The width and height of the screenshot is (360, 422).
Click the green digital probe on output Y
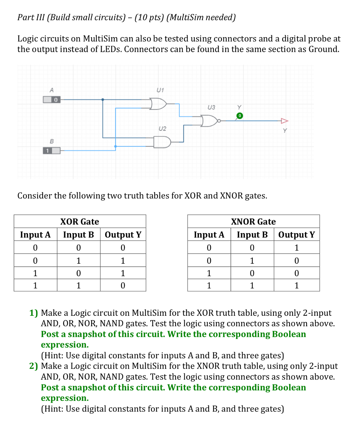(x=240, y=115)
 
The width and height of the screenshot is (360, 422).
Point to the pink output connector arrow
(x=285, y=121)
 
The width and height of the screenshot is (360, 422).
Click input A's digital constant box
(x=52, y=99)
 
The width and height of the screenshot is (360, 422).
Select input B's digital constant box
(x=52, y=151)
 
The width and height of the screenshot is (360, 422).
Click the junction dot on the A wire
(x=103, y=100)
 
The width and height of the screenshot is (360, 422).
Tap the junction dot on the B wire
(x=115, y=146)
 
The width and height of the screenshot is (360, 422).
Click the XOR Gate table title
(x=79, y=222)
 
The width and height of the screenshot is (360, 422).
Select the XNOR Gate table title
(x=253, y=222)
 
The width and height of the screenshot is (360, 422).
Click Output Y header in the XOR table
(x=123, y=235)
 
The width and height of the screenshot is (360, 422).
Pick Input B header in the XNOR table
(x=252, y=235)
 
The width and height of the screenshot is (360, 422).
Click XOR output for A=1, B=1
(x=123, y=285)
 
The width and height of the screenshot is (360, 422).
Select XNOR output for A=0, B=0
(x=296, y=248)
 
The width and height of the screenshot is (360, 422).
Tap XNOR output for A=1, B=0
(x=296, y=273)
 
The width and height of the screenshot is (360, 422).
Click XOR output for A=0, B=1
(x=123, y=261)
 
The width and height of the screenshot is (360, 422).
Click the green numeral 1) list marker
(x=33, y=313)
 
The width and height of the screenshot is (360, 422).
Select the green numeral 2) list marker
(x=33, y=366)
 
